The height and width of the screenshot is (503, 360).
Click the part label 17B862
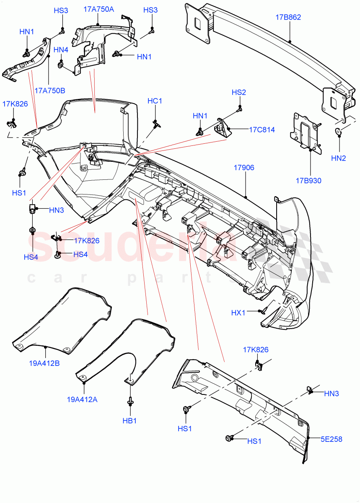pos(288,17)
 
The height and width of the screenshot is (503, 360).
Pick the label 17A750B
pos(50,90)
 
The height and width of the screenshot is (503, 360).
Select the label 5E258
pos(332,439)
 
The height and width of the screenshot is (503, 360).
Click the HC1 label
pos(155,101)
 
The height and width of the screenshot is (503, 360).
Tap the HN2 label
pos(338,158)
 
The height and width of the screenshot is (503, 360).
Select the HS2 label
pos(239,92)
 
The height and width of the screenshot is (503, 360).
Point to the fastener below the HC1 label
pos(157,123)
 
